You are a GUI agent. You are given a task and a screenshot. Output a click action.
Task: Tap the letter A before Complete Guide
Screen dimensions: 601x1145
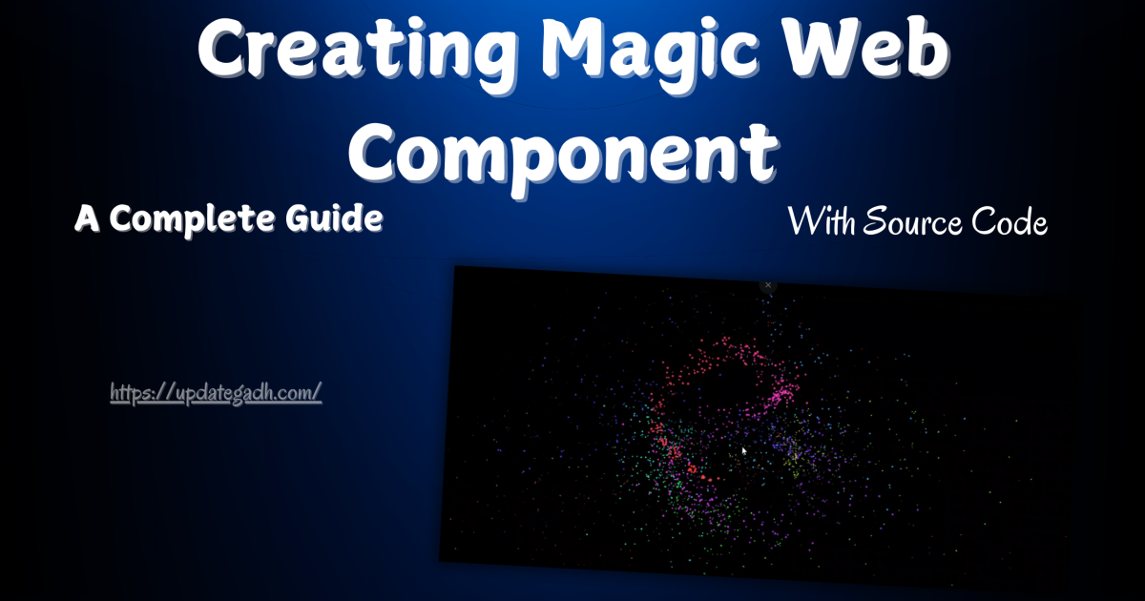pos(87,219)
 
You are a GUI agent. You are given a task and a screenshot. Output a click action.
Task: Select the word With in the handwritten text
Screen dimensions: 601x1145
pos(822,223)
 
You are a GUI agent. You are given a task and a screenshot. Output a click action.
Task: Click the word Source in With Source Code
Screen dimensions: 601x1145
pos(911,223)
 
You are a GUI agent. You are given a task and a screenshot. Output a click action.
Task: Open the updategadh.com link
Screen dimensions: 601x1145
pos(216,392)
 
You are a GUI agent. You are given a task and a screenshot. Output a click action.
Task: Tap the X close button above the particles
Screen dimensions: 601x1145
pos(768,284)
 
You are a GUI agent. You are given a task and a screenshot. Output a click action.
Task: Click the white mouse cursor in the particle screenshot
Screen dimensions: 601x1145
pos(744,450)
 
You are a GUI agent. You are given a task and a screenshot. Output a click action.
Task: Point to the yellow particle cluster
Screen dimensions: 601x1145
pos(795,460)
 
